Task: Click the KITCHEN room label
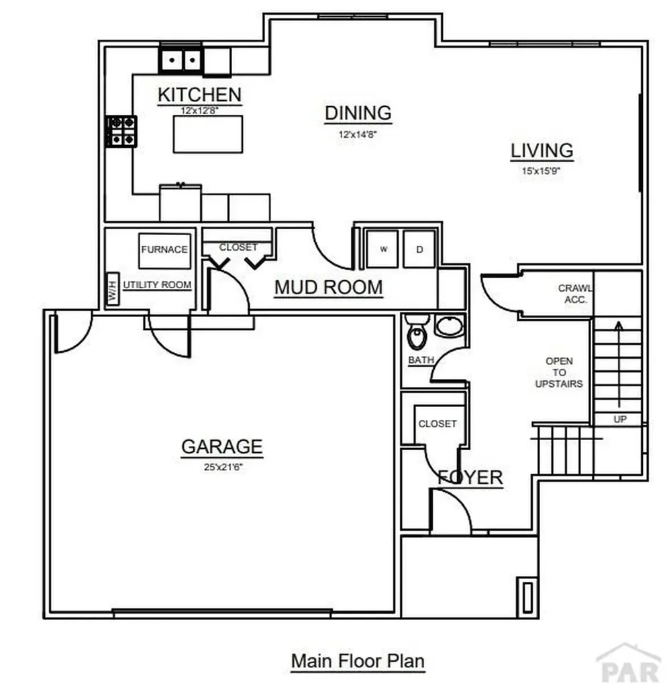pyautogui.click(x=199, y=95)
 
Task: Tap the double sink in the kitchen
pyautogui.click(x=181, y=61)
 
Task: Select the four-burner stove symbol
pyautogui.click(x=122, y=131)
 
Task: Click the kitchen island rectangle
pyautogui.click(x=208, y=134)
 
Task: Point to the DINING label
pyautogui.click(x=358, y=113)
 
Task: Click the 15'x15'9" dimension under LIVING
pyautogui.click(x=542, y=171)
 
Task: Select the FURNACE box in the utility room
pyautogui.click(x=164, y=249)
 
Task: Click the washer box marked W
pyautogui.click(x=384, y=249)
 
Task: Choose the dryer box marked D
pyautogui.click(x=419, y=249)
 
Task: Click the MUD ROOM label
pyautogui.click(x=329, y=288)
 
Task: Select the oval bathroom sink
pyautogui.click(x=449, y=327)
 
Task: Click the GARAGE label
pyautogui.click(x=221, y=446)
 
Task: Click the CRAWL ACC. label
pyautogui.click(x=575, y=294)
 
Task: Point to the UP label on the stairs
pyautogui.click(x=620, y=419)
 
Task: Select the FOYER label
pyautogui.click(x=470, y=478)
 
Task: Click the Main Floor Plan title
pyautogui.click(x=358, y=660)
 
